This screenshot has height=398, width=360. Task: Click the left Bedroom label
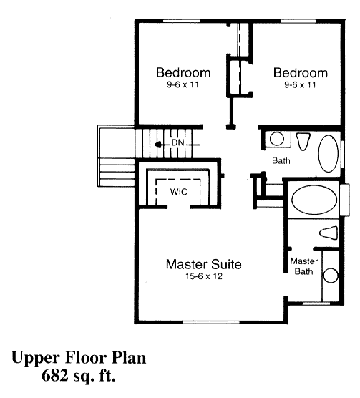coord(183,72)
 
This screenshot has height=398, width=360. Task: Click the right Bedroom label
coord(301,72)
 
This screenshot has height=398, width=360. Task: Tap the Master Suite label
coord(204,264)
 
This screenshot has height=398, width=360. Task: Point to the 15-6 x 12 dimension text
coord(204,276)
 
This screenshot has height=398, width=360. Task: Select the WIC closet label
coord(179,192)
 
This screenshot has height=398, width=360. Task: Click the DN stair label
coord(177,142)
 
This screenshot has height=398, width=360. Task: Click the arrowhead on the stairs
coord(157,145)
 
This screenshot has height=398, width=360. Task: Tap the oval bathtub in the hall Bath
coord(329,154)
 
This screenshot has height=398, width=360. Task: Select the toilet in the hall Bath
coord(303,142)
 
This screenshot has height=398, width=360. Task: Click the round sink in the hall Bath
coord(277,139)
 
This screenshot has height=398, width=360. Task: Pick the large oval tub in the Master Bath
coord(314,200)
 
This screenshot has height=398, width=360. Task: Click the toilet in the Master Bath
coord(329,233)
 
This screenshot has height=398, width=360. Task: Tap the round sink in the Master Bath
coord(331,276)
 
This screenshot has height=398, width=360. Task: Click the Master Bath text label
coord(304,266)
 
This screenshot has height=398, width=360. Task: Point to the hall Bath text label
coord(281,160)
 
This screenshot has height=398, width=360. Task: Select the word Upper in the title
coord(36,359)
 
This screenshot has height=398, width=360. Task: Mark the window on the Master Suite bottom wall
coord(211,322)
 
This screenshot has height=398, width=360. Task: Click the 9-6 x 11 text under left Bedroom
coord(183,84)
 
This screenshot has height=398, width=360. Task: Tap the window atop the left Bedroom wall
coord(181,21)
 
